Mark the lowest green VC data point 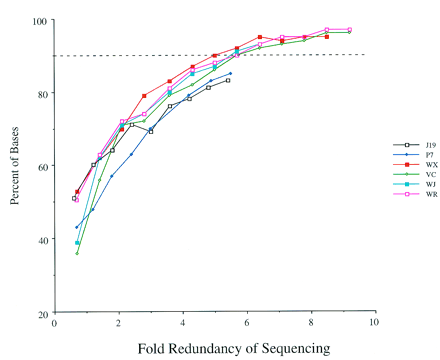point(77,253)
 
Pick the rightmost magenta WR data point point(348,30)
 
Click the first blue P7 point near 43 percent point(77,227)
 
